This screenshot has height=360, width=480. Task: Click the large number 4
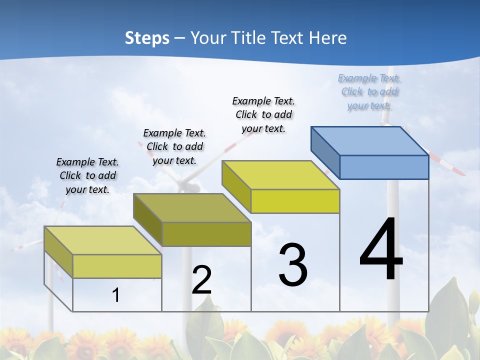pos(381,250)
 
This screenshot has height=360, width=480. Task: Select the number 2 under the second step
pos(201,280)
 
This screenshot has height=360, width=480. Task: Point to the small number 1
pos(116,295)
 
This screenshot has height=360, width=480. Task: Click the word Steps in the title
pos(147,38)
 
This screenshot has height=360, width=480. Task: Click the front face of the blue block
pos(384,167)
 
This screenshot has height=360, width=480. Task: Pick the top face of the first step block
pos(103,240)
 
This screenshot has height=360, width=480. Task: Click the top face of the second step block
pos(192,207)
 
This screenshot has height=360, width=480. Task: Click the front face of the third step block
pos(295,201)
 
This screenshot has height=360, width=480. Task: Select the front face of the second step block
pos(206,234)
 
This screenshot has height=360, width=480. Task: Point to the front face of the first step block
pos(117,266)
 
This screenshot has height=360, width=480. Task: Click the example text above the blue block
pos(369,92)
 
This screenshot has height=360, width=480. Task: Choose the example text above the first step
pos(87,175)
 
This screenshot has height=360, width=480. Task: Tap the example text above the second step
pos(174,146)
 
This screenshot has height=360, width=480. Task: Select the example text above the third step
pos(263,114)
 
